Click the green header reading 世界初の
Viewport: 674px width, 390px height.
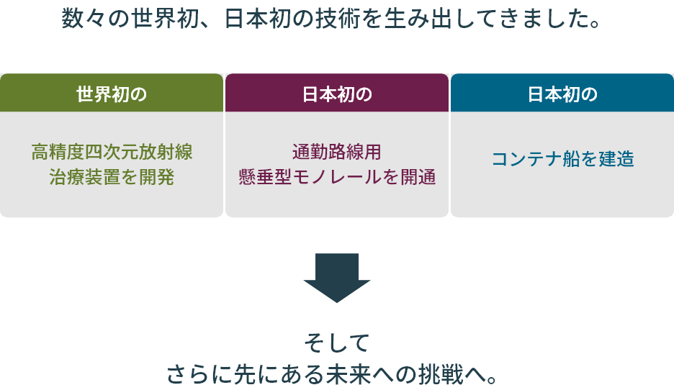[x=112, y=94]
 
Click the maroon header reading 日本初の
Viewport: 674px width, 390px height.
[x=337, y=94]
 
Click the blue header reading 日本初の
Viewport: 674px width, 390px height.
[x=562, y=94]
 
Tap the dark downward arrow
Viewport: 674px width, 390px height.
[x=336, y=277]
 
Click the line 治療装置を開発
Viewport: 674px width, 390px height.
[x=112, y=177]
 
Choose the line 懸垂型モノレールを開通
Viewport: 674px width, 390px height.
[x=337, y=177]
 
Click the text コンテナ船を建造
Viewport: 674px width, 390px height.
[x=562, y=159]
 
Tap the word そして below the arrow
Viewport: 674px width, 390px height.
[x=336, y=343]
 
